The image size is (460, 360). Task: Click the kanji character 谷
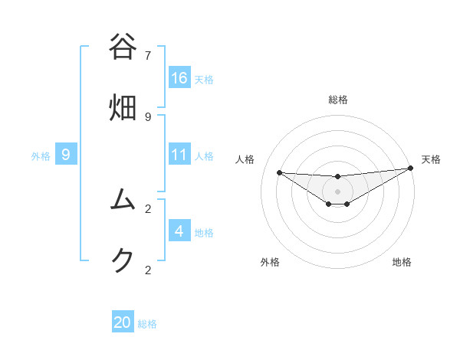(x=123, y=47)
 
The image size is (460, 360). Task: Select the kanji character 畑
(x=123, y=107)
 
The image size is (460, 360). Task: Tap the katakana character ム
(x=123, y=200)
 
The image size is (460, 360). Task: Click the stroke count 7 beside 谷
(x=148, y=55)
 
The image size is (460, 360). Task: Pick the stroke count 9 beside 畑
(x=148, y=116)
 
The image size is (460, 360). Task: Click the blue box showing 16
(x=179, y=77)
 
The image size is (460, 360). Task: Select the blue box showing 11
(x=179, y=155)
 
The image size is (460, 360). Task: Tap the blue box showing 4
(x=179, y=231)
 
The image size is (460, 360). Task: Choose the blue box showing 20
(x=123, y=322)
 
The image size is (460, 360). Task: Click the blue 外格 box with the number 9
(x=66, y=155)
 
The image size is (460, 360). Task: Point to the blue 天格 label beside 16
(x=204, y=79)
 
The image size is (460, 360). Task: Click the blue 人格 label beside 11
(x=204, y=156)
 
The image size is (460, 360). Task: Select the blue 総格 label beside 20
(x=147, y=324)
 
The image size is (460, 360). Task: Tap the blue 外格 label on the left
(x=41, y=156)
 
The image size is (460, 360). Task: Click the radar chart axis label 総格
(x=338, y=100)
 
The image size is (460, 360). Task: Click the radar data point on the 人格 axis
(x=279, y=172)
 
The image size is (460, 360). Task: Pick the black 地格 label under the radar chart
(x=402, y=262)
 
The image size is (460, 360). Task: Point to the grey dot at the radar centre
(x=338, y=191)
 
